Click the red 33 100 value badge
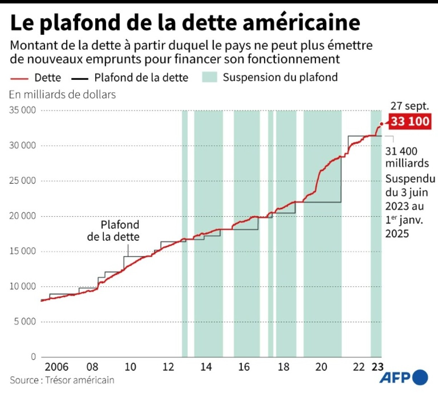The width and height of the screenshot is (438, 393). click(410, 121)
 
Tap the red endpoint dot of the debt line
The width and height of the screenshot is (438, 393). click(381, 124)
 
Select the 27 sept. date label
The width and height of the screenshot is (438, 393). click(409, 106)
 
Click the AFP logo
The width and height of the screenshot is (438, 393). click(404, 377)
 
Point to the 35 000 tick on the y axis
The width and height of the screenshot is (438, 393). click(23, 110)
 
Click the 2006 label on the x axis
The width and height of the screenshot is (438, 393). click(57, 367)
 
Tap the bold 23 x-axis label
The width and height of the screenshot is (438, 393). click(378, 367)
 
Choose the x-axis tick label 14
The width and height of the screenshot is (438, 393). click(206, 367)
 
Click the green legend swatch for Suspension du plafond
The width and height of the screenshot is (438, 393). click(209, 77)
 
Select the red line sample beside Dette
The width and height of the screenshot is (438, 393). click(19, 78)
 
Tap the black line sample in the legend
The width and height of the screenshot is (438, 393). click(79, 78)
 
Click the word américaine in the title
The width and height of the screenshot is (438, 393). click(301, 23)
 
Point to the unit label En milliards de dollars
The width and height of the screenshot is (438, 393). click(63, 94)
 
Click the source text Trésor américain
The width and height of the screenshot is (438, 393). click(79, 380)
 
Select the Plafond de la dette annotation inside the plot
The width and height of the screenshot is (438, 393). click(113, 231)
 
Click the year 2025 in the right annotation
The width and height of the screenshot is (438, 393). click(397, 234)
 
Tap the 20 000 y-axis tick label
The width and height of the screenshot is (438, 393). click(23, 216)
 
